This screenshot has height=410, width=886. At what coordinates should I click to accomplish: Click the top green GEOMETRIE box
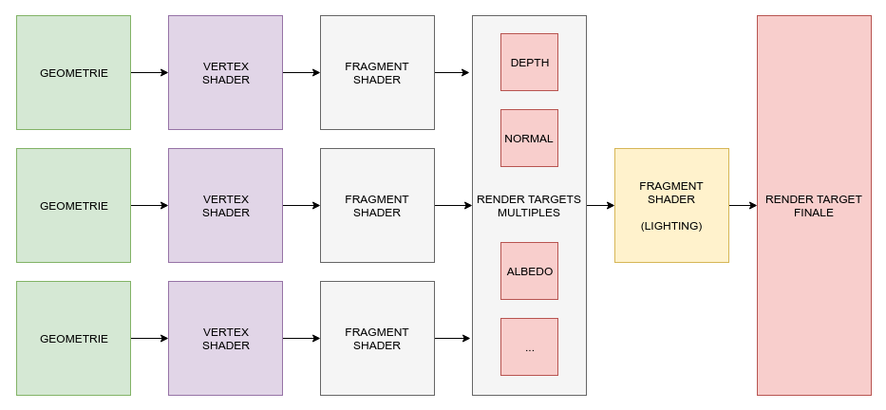(x=73, y=72)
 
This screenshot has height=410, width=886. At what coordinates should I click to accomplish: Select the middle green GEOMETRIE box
(x=73, y=205)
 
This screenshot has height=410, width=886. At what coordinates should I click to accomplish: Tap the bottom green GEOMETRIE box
(x=73, y=338)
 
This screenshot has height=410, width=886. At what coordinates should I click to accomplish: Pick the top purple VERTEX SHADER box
(x=225, y=72)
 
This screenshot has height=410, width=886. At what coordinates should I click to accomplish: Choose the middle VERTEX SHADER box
(x=225, y=205)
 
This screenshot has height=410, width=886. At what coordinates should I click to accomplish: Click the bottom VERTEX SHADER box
(x=225, y=338)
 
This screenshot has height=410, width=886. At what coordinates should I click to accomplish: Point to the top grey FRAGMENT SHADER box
(x=377, y=72)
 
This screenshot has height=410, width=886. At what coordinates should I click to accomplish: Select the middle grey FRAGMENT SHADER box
(x=377, y=205)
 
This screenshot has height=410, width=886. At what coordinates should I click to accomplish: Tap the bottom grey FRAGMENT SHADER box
(x=377, y=338)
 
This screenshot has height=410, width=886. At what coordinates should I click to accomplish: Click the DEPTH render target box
(x=529, y=63)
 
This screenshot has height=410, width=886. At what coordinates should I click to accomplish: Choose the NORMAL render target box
(x=529, y=139)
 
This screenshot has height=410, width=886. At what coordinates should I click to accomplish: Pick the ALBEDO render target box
(x=529, y=271)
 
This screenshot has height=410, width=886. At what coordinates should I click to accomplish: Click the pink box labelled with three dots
(x=529, y=347)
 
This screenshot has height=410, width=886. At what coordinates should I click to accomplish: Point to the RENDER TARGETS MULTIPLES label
(x=529, y=206)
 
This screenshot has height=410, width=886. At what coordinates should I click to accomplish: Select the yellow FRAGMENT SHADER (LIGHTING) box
(x=671, y=205)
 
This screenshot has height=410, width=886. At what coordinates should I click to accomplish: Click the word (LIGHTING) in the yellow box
(x=671, y=226)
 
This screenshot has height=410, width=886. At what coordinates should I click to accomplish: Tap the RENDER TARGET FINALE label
(x=814, y=206)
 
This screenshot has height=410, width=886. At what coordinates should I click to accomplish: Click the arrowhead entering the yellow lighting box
(x=610, y=205)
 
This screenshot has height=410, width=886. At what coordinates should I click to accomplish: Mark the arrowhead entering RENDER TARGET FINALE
(x=752, y=205)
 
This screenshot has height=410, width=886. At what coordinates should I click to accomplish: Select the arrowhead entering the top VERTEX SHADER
(x=163, y=72)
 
